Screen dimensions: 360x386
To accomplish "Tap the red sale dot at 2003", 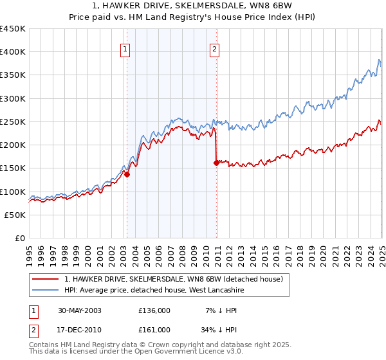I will [127, 174].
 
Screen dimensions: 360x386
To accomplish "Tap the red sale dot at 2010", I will [216, 163].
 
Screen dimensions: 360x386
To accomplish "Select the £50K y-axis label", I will [15, 215].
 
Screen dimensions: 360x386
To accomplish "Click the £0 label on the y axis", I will [20, 238].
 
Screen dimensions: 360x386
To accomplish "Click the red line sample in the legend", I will [46, 280].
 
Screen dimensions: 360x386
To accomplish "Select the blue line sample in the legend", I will [46, 291].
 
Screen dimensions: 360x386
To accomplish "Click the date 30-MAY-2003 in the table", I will [78, 310].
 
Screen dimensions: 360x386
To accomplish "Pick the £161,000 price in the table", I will [154, 329].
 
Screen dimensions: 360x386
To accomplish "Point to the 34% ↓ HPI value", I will [215, 329].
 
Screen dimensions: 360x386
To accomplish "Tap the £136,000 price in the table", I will [154, 310].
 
